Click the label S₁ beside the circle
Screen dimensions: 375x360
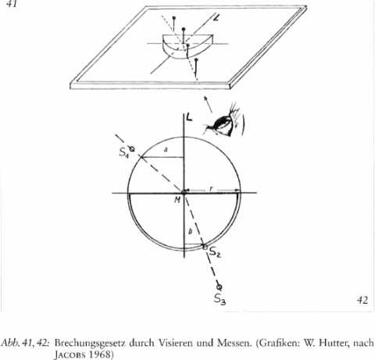[x=124, y=152]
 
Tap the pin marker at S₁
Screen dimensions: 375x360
[x=132, y=149]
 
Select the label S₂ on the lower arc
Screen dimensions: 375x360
[x=215, y=252]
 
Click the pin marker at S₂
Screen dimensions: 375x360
[x=205, y=247]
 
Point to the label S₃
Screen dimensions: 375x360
[x=220, y=299]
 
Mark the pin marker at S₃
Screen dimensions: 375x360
[x=220, y=287]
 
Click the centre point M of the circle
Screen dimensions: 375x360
[x=184, y=192]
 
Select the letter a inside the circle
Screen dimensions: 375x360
[x=166, y=150]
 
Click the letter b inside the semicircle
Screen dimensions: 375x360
[x=190, y=231]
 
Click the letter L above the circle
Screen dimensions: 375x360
[x=189, y=117]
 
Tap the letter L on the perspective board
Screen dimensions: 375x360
[x=216, y=19]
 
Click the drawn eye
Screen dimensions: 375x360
[x=223, y=123]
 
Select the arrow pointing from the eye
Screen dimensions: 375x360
[x=208, y=105]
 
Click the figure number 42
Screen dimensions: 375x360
[x=362, y=301]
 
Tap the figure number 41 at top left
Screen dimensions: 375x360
[x=11, y=4]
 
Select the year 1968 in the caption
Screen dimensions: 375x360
[x=102, y=355]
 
